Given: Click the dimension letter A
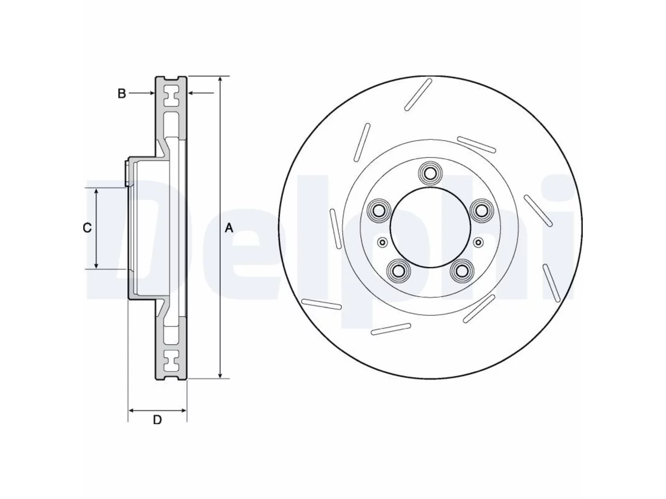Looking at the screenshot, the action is pyautogui.click(x=229, y=228).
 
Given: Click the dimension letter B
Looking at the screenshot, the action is pyautogui.click(x=122, y=94).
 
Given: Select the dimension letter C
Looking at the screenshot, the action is pyautogui.click(x=87, y=228).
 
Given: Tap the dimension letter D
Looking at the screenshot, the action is pyautogui.click(x=157, y=420).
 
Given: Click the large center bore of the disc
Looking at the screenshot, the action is pyautogui.click(x=430, y=228).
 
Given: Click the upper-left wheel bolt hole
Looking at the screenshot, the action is pyautogui.click(x=379, y=211).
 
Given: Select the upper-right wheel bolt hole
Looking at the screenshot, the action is pyautogui.click(x=481, y=211).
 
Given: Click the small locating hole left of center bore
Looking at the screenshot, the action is pyautogui.click(x=382, y=242).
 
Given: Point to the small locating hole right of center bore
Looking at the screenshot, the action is pyautogui.click(x=478, y=242).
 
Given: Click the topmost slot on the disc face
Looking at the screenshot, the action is pyautogui.click(x=418, y=95).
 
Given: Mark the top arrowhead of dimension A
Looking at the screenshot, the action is pyautogui.click(x=221, y=80).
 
